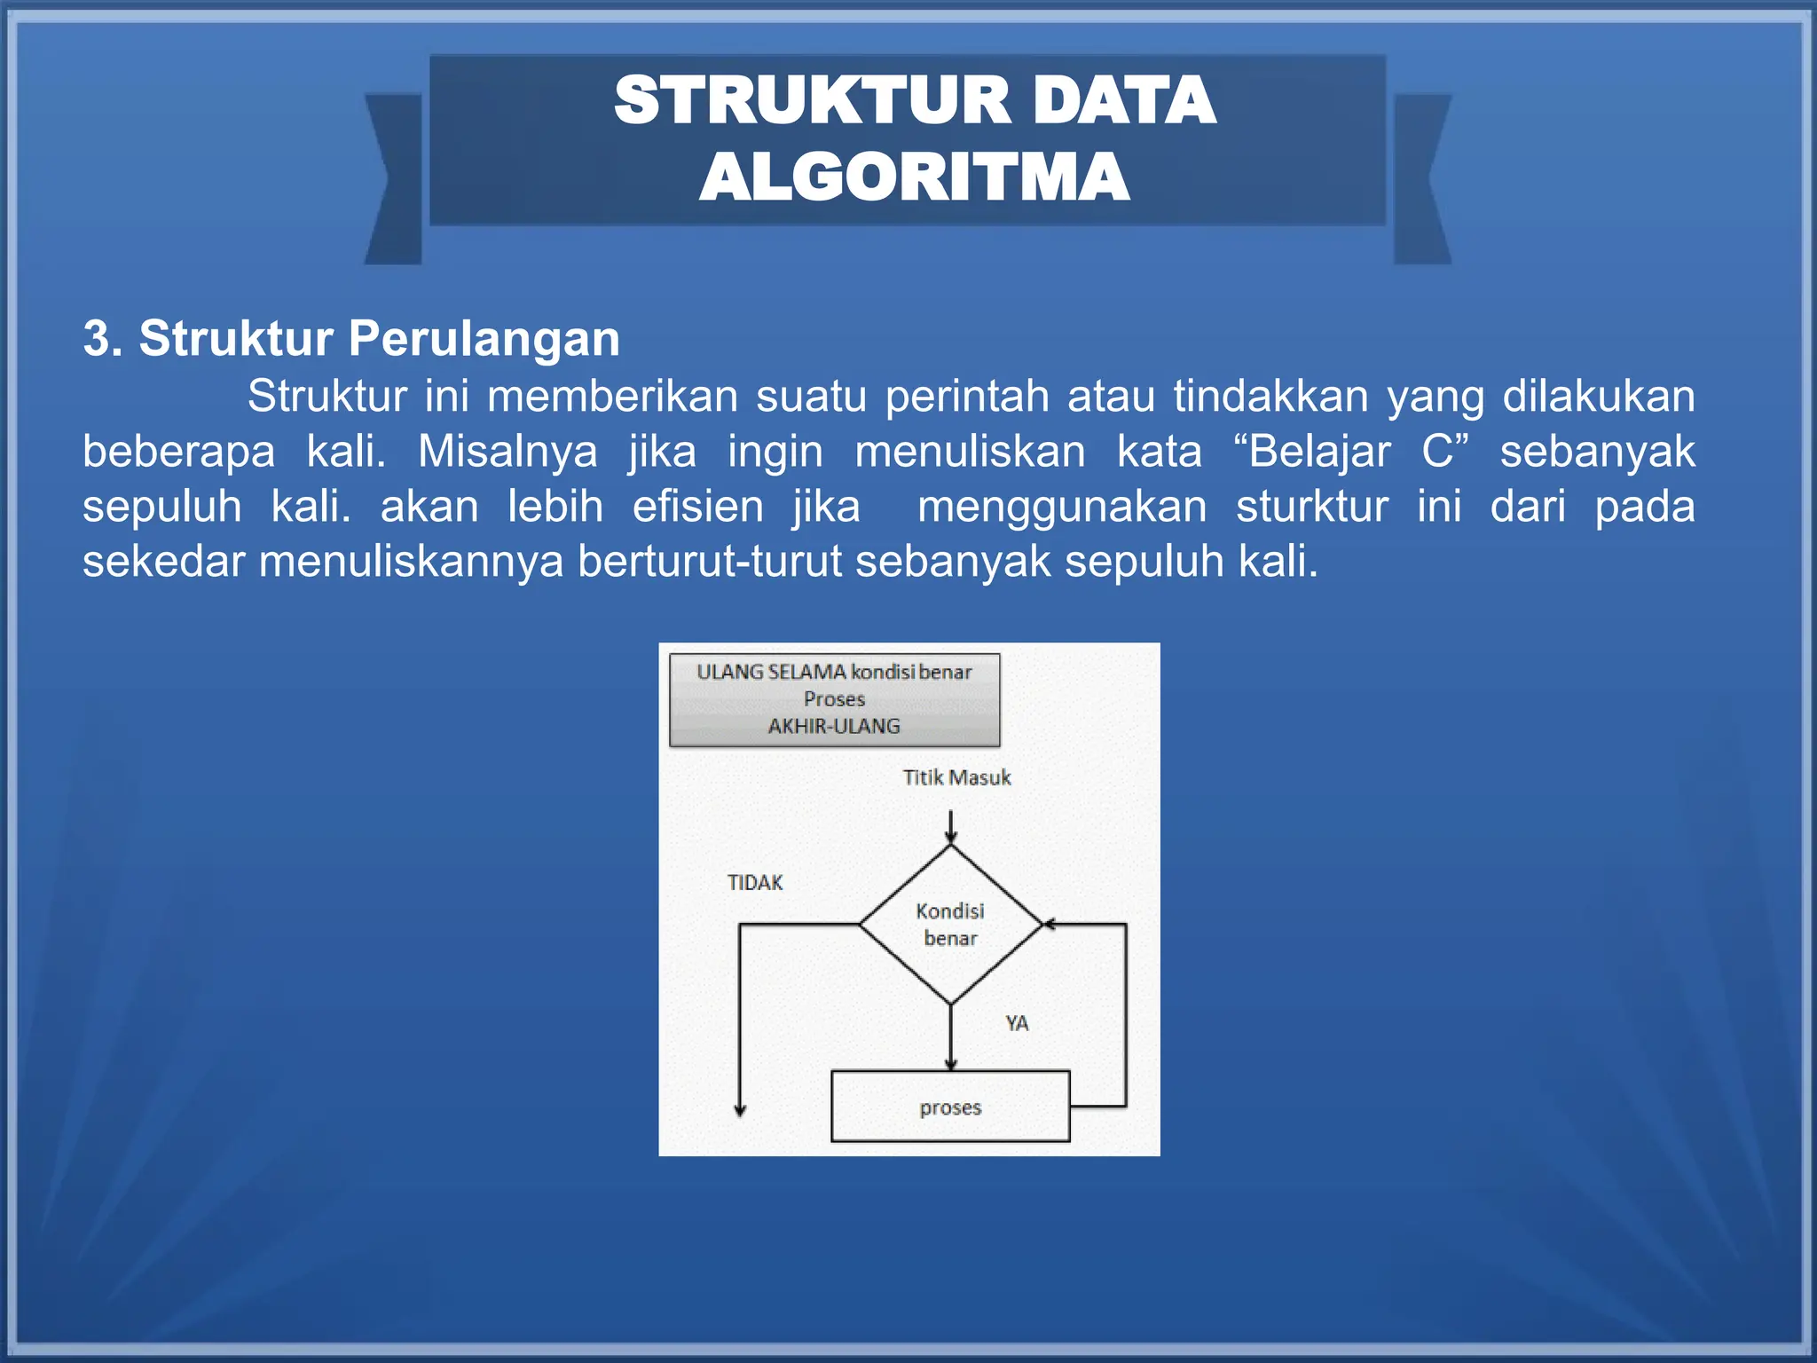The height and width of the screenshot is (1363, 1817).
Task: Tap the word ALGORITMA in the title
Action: tap(914, 177)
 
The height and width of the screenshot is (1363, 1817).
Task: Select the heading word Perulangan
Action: tap(484, 338)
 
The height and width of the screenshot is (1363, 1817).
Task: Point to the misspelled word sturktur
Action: tap(1312, 507)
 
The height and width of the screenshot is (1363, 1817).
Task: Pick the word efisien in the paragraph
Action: tap(697, 507)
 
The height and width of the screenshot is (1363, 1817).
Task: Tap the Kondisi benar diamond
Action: tap(950, 924)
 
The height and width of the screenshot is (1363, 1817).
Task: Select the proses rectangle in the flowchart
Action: tap(950, 1107)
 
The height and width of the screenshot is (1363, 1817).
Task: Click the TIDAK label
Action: tap(755, 883)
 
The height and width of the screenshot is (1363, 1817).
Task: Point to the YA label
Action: tap(1017, 1023)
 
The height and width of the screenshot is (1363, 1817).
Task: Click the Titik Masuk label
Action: tap(956, 777)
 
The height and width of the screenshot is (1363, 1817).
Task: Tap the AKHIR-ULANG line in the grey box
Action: tap(834, 726)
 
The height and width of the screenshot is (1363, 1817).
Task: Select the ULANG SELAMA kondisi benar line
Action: tap(834, 672)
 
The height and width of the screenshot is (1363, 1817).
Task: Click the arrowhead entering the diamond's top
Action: tap(951, 838)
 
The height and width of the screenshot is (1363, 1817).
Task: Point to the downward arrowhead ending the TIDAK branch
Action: tap(740, 1110)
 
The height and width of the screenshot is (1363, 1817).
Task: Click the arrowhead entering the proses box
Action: tap(951, 1065)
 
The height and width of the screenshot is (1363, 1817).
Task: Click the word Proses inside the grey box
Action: tap(834, 699)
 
